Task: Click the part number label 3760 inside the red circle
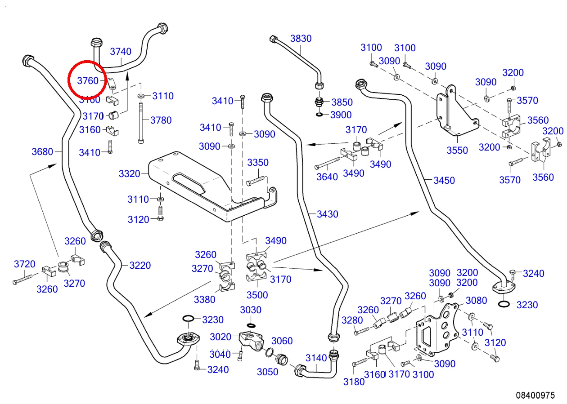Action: pos(88,80)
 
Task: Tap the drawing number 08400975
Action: pos(535,395)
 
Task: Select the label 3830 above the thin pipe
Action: pos(301,39)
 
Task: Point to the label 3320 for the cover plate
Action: pos(129,173)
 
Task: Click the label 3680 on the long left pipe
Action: pos(42,152)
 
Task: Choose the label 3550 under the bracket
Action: pos(457,150)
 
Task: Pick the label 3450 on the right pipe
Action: pos(444,180)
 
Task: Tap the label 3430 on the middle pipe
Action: pos(328,214)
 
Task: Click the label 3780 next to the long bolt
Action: pos(161,120)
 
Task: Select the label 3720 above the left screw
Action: pos(25,264)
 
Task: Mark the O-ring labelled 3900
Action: pos(319,115)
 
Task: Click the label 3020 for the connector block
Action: pos(220,337)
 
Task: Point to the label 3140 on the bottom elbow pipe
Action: pos(316,358)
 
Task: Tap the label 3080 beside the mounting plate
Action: pos(477,300)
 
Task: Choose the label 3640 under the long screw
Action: pos(327,177)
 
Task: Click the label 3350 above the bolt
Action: pos(258,162)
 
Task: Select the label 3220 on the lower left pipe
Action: pos(140,265)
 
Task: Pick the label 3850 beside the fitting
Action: pos(342,102)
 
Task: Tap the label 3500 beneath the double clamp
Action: pos(257,295)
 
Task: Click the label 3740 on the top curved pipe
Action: pos(121,51)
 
